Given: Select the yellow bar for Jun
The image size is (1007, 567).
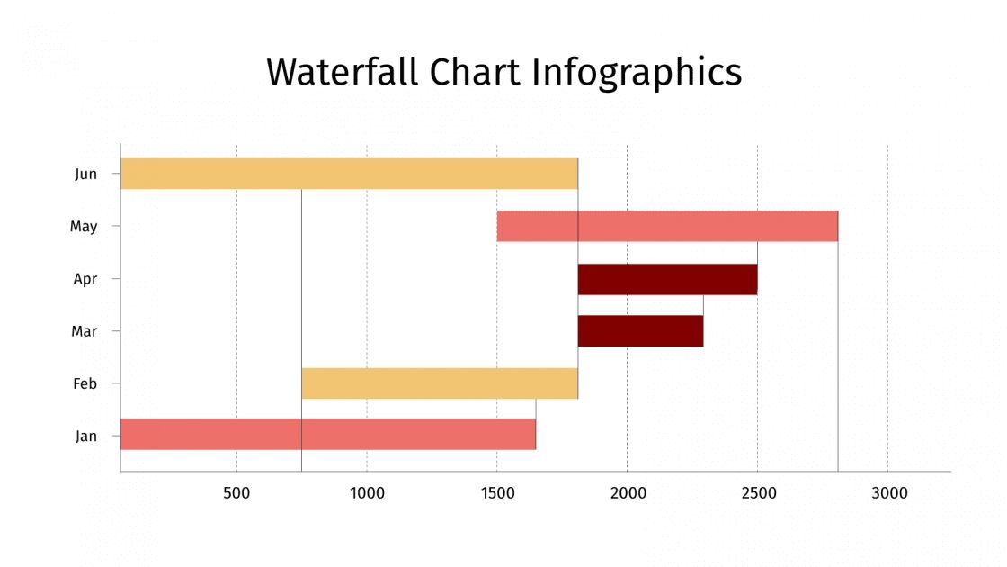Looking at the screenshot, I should (x=349, y=174).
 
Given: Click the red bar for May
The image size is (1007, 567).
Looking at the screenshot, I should (x=667, y=226).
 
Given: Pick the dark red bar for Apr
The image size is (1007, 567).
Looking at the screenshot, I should (x=667, y=279).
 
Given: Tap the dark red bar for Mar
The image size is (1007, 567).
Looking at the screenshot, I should (x=640, y=331).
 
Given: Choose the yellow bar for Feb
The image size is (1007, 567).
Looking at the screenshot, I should (x=440, y=383).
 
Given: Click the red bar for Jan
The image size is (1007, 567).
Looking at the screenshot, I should (x=328, y=434).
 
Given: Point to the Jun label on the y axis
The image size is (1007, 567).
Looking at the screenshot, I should (x=86, y=175).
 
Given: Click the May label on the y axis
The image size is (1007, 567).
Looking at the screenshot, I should (x=84, y=227).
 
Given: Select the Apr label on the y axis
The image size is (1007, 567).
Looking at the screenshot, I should (x=85, y=279).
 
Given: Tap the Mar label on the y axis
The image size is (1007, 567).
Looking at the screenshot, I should (x=85, y=331).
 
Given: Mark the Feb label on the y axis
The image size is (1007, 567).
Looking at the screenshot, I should (x=85, y=384).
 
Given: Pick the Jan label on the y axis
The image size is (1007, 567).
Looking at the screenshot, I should (x=86, y=436).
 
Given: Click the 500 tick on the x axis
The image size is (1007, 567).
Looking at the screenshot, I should (x=236, y=493).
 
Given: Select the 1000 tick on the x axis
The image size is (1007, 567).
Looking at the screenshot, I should (x=367, y=493).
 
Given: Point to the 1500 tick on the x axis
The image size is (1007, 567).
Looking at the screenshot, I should (x=497, y=493).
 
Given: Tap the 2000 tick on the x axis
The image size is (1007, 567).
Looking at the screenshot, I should (x=628, y=493).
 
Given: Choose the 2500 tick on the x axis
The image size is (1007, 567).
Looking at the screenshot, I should (x=758, y=493).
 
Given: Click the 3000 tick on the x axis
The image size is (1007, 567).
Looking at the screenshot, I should (x=888, y=493).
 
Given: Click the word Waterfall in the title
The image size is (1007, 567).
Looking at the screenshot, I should (x=343, y=72).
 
